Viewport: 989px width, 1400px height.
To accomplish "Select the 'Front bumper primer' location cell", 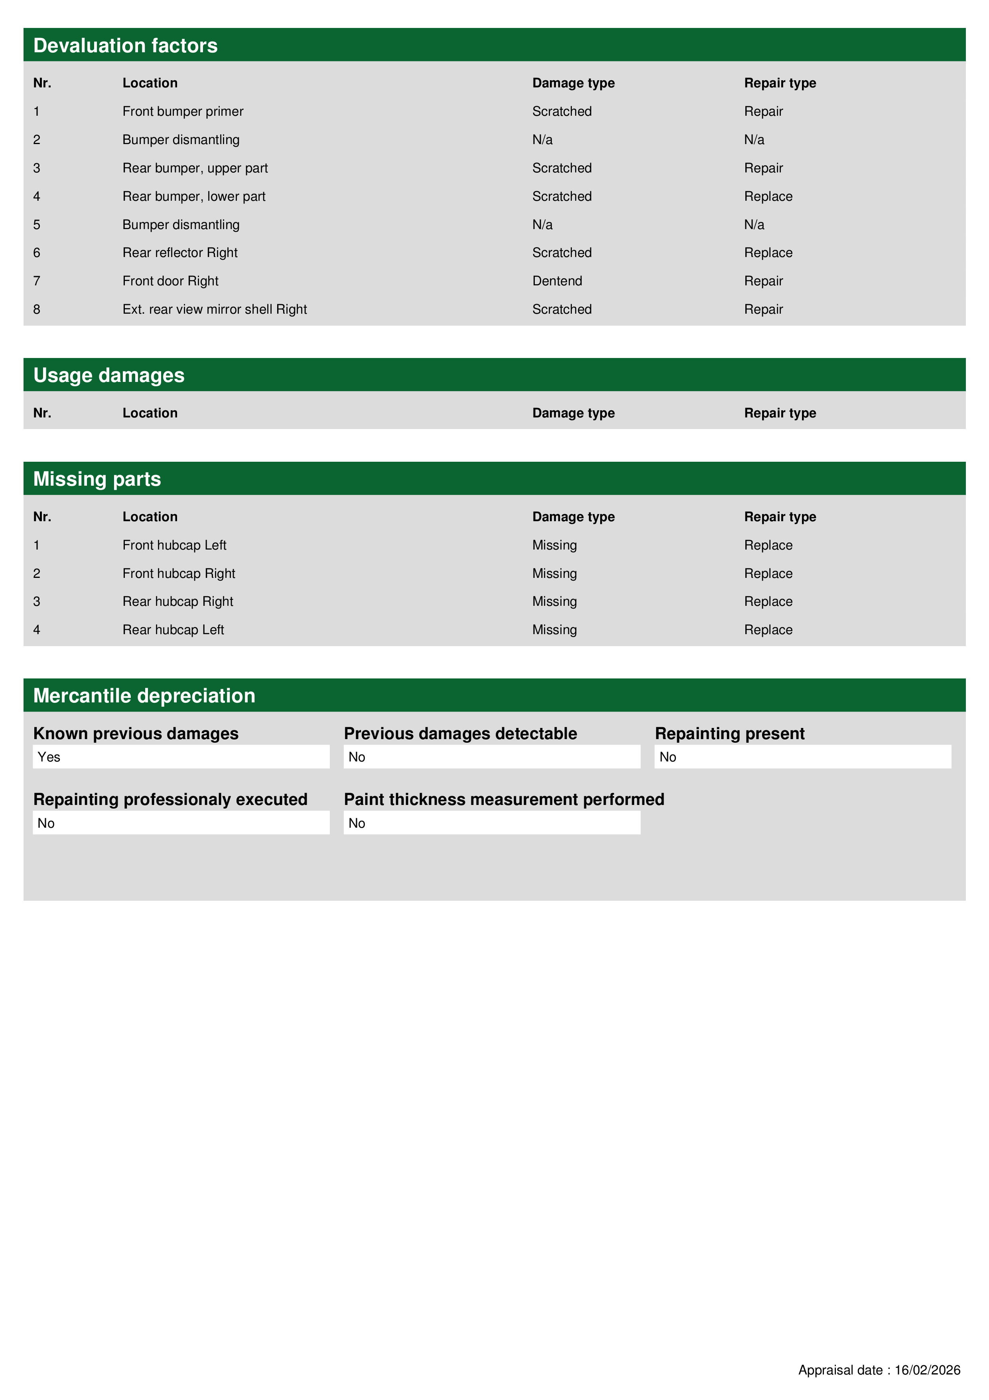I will pyautogui.click(x=183, y=112).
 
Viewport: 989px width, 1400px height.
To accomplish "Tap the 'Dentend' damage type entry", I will pyautogui.click(x=557, y=281).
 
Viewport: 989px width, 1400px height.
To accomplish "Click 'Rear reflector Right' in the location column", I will pyautogui.click(x=180, y=253).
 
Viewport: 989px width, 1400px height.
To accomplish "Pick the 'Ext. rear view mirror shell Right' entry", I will pyautogui.click(x=215, y=310).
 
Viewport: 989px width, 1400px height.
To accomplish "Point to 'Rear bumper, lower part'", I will pyautogui.click(x=194, y=196).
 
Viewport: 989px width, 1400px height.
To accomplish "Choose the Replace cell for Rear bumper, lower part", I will pyautogui.click(x=768, y=196).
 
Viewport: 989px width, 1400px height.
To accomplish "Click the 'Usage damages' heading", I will pyautogui.click(x=108, y=376).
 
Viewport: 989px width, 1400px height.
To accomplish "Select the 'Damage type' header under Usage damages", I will pyautogui.click(x=573, y=413).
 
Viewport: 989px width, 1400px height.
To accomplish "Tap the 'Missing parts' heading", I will pyautogui.click(x=97, y=479).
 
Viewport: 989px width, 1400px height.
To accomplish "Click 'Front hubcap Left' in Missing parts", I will pyautogui.click(x=174, y=545).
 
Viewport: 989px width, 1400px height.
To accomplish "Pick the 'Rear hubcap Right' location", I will pyautogui.click(x=177, y=602).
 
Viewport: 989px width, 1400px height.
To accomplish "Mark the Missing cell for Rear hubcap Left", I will pyautogui.click(x=554, y=630).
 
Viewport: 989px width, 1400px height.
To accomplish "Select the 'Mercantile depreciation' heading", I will pyautogui.click(x=144, y=696).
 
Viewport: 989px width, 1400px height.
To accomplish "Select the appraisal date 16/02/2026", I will pyautogui.click(x=927, y=1370).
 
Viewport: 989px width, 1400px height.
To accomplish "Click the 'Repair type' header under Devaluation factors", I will pyautogui.click(x=779, y=83).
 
